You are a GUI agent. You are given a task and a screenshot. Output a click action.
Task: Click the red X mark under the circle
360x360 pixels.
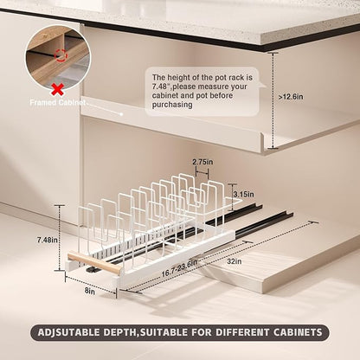pyautogui.click(x=57, y=90)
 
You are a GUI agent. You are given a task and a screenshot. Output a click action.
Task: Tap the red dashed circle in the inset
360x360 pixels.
pyautogui.click(x=61, y=55)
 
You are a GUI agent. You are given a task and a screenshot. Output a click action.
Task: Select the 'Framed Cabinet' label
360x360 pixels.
pyautogui.click(x=58, y=102)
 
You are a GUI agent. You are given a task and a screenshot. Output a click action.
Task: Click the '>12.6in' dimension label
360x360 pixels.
pyautogui.click(x=291, y=97)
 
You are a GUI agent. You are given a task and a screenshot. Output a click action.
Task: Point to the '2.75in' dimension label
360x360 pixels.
pyautogui.click(x=202, y=162)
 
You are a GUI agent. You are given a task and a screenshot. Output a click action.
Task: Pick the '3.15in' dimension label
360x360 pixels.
pyautogui.click(x=243, y=194)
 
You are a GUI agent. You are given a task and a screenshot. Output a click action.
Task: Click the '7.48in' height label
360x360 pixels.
pyautogui.click(x=48, y=240)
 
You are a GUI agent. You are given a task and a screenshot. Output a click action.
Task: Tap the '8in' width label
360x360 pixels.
pyautogui.click(x=90, y=292)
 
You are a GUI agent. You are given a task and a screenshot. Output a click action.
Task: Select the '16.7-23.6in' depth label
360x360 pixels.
pyautogui.click(x=179, y=268)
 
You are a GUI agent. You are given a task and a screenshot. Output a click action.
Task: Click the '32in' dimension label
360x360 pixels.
pyautogui.click(x=235, y=261)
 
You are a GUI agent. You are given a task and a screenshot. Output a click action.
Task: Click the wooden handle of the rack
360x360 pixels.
pyautogui.click(x=95, y=262)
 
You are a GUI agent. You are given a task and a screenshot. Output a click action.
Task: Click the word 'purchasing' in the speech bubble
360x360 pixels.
pyautogui.click(x=172, y=105)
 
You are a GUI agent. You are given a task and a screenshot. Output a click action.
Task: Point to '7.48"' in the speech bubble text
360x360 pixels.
pyautogui.click(x=162, y=87)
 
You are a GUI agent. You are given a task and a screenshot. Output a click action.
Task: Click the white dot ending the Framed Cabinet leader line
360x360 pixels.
pyautogui.click(x=121, y=114)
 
